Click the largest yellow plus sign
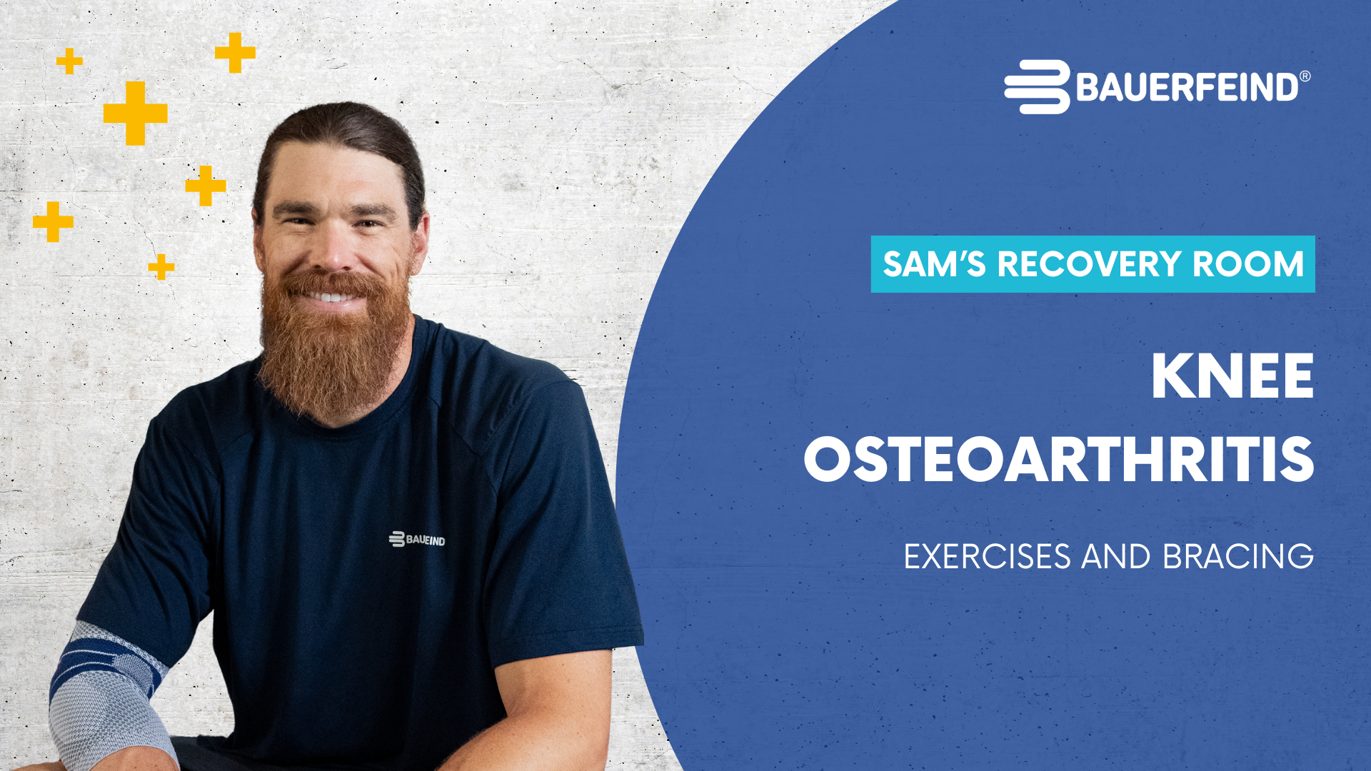136,113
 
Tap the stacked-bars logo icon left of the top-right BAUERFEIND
1038,87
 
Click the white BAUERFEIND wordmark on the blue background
1187,87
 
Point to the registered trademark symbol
1305,76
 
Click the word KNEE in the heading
1232,376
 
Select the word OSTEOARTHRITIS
1058,459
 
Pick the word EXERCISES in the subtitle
988,557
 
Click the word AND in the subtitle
1116,557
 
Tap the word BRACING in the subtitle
1238,557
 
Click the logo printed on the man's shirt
417,539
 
